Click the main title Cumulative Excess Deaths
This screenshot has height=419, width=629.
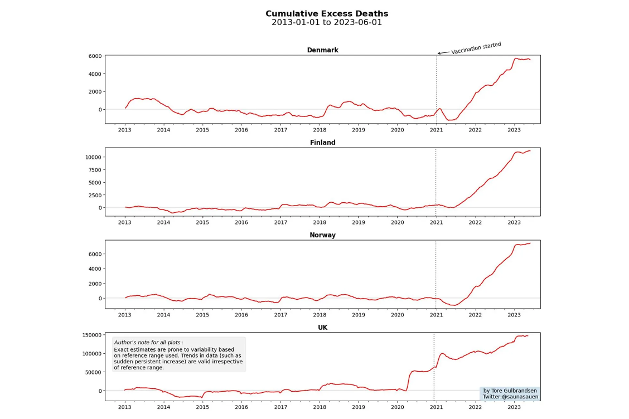(x=327, y=14)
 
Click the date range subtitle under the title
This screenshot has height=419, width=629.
(x=327, y=23)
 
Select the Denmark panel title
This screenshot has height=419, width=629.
(x=322, y=50)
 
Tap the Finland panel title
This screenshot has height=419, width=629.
(x=322, y=143)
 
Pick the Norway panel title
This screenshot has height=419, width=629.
(x=322, y=235)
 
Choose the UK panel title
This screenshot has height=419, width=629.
(x=322, y=328)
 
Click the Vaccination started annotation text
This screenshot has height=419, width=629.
(x=476, y=48)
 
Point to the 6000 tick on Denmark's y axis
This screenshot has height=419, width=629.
(x=95, y=56)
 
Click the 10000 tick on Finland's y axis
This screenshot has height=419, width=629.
(x=93, y=157)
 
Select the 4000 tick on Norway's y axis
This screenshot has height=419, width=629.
(x=95, y=269)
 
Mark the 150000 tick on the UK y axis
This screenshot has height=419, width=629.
(x=91, y=335)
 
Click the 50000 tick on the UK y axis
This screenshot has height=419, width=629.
(x=93, y=372)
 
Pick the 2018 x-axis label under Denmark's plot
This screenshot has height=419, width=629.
(x=320, y=130)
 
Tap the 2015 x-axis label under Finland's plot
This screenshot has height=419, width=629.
(x=202, y=222)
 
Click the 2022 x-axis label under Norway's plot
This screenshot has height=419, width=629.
(x=475, y=315)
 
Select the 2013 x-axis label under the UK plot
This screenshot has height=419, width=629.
(x=124, y=407)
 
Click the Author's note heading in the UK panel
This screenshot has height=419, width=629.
(x=148, y=342)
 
